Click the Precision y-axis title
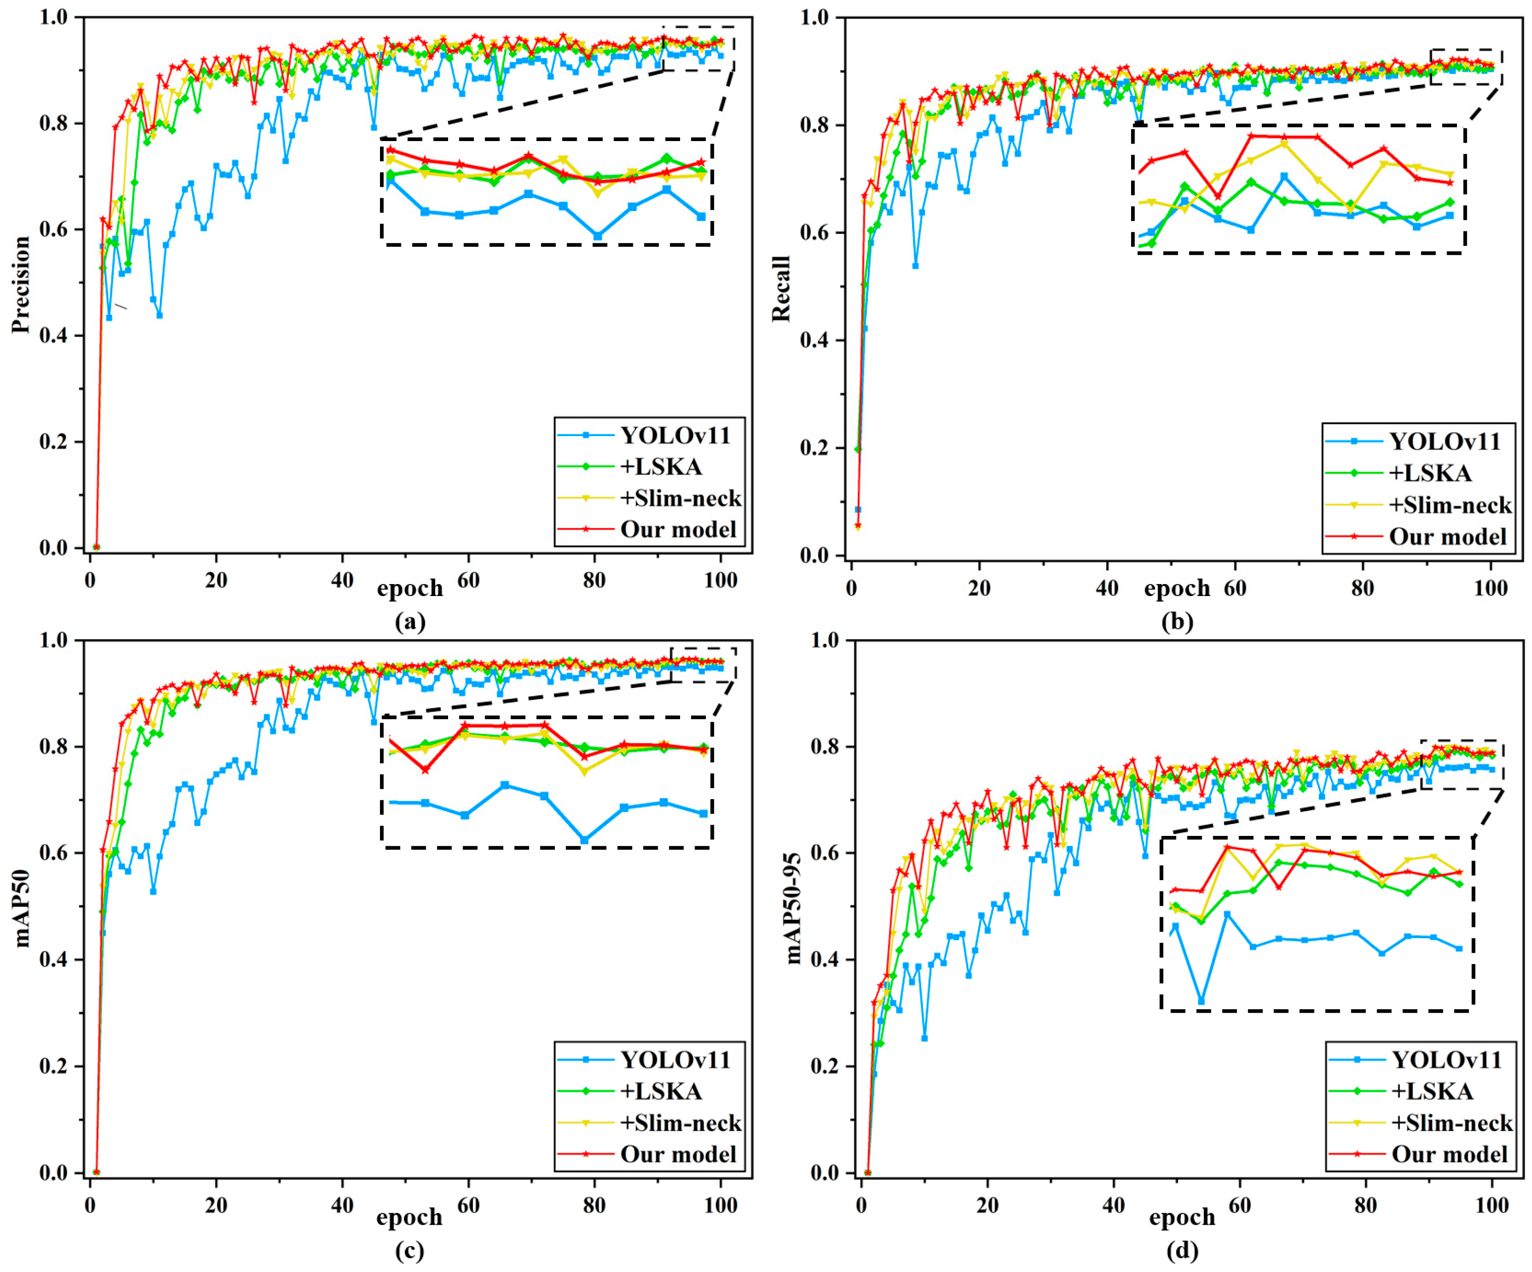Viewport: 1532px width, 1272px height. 20,285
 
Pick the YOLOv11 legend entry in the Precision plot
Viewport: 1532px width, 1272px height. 675,436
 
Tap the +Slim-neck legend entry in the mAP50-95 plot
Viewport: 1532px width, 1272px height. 1451,1123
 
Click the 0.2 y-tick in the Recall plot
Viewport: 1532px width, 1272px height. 815,448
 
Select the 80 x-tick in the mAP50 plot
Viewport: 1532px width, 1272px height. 595,1205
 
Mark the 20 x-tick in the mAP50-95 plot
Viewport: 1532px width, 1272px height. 987,1205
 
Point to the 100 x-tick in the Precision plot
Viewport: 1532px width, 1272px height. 721,581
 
